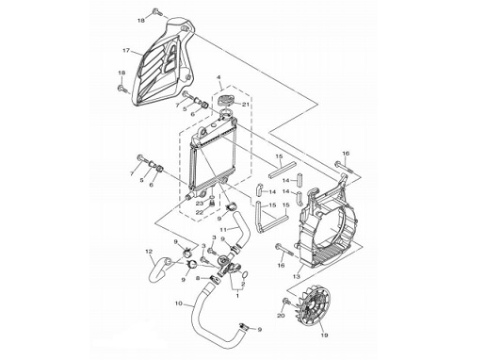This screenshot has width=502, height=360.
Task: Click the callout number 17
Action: click(126, 50)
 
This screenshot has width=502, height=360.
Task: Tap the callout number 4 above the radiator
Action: click(219, 77)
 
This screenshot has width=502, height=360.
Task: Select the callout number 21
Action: click(245, 104)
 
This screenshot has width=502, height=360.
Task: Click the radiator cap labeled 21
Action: click(226, 100)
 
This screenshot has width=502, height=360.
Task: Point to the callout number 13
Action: click(297, 276)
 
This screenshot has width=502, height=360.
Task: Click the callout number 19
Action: click(324, 335)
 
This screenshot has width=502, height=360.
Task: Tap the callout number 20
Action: click(281, 316)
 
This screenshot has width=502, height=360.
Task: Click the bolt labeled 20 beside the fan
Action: click(286, 302)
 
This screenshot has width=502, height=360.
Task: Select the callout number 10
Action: click(179, 303)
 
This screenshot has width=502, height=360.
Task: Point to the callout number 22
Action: click(200, 212)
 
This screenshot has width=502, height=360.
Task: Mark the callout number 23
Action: click(200, 203)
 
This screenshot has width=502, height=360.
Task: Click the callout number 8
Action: click(198, 279)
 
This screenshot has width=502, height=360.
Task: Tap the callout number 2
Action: click(243, 284)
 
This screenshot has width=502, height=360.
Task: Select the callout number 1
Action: click(237, 296)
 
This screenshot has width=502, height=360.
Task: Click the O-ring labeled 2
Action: click(245, 275)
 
